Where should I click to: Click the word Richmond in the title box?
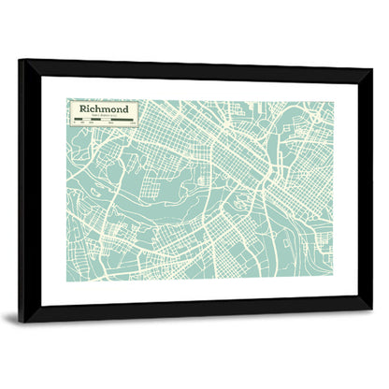pos(106,108)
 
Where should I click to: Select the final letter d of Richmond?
pos(128,108)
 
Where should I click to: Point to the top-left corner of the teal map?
pos(66,98)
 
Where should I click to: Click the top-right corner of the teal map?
pos(330,102)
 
